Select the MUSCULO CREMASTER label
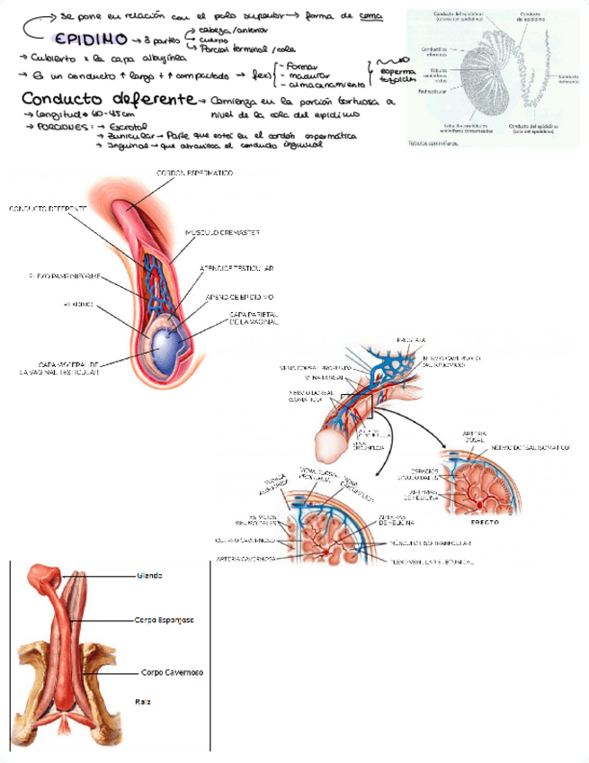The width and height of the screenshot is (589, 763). pyautogui.click(x=222, y=232)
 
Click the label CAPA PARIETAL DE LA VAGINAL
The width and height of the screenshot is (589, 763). pyautogui.click(x=254, y=318)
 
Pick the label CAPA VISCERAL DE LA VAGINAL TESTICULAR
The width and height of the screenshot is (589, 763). pyautogui.click(x=59, y=368)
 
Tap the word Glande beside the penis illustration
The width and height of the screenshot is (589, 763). pyautogui.click(x=150, y=575)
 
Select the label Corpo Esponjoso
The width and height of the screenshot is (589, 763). pyautogui.click(x=165, y=620)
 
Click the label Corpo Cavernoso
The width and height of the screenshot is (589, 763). pyautogui.click(x=172, y=672)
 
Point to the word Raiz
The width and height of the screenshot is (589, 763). pyautogui.click(x=143, y=700)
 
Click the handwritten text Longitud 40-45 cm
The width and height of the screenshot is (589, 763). pyautogui.click(x=67, y=116)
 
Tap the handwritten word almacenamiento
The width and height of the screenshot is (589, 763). pyautogui.click(x=318, y=83)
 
